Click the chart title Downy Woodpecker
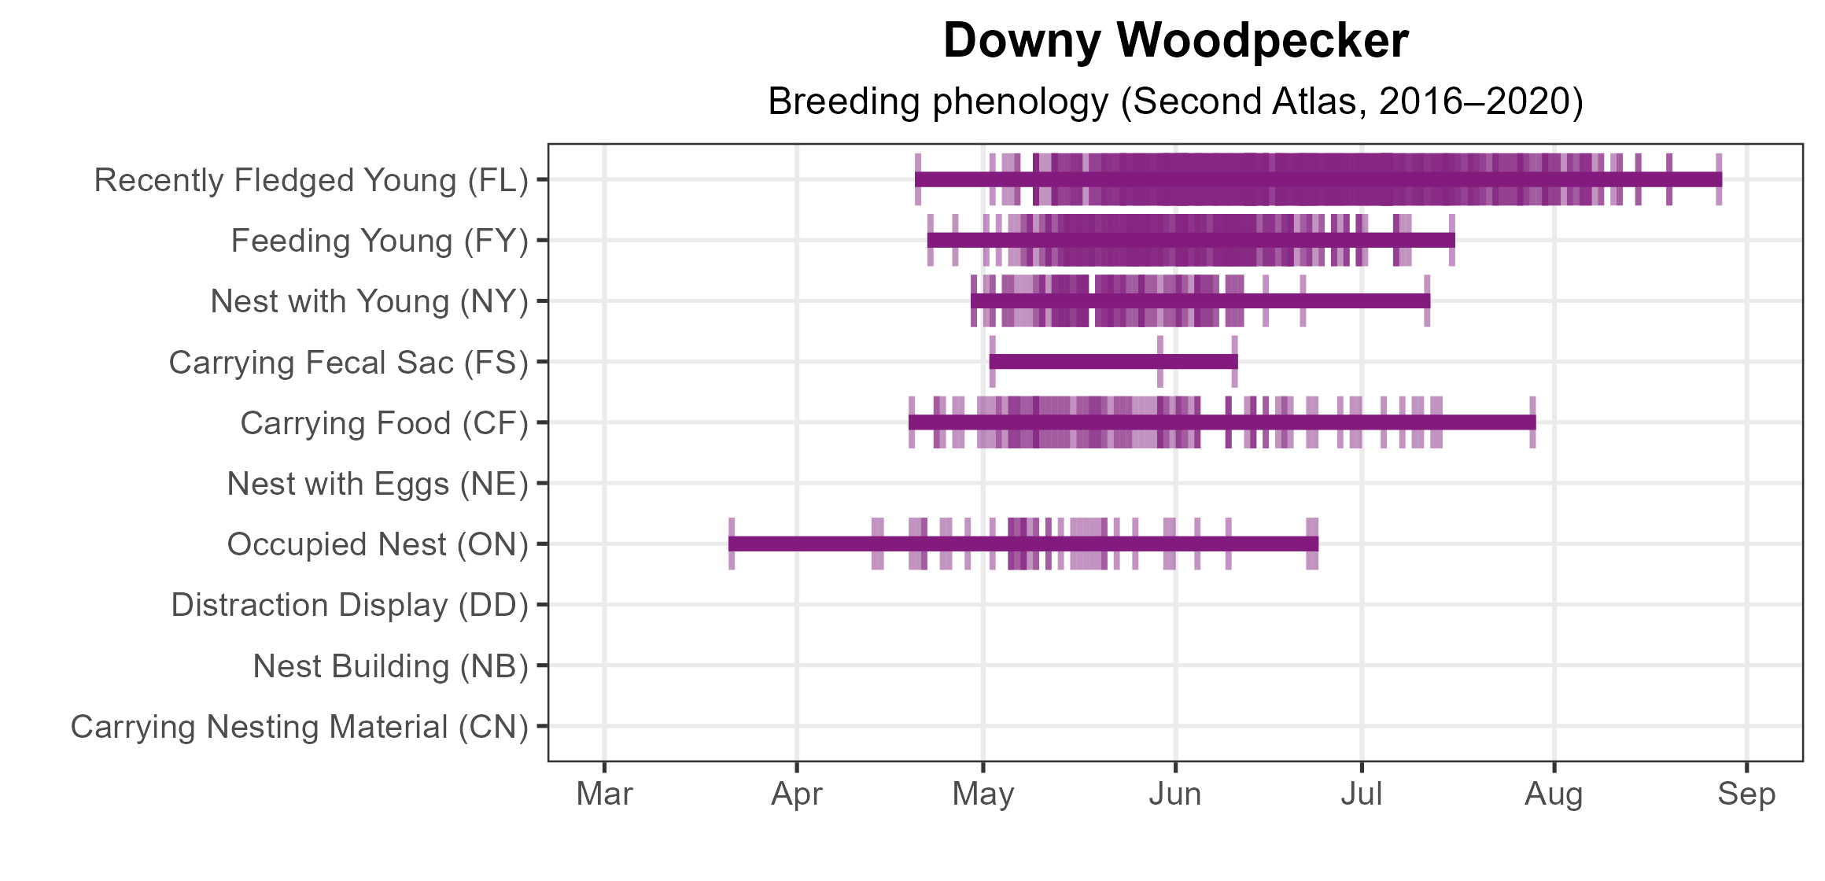(1175, 41)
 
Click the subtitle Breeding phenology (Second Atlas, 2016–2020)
(1175, 101)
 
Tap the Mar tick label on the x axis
(604, 794)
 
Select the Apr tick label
(797, 794)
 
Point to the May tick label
(983, 794)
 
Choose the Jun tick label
(1175, 794)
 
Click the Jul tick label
(1362, 794)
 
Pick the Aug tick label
(1554, 794)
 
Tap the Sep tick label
(1746, 794)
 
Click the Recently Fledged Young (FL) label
(311, 180)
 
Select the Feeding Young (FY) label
(379, 241)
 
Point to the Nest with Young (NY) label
(369, 301)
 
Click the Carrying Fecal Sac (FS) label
(348, 363)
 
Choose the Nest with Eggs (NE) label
(378, 484)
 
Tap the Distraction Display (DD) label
(349, 605)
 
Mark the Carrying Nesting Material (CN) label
(300, 727)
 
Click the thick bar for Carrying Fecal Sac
(1113, 362)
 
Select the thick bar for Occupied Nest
(1023, 544)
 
